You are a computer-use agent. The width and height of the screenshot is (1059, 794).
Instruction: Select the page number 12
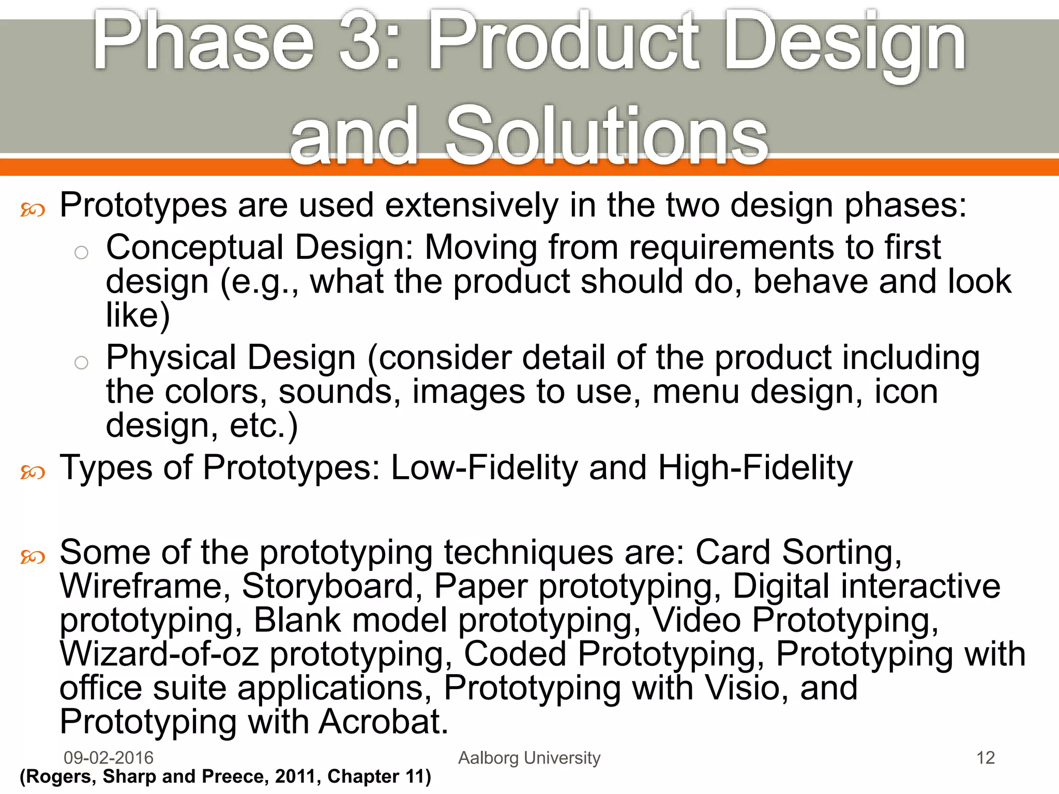[985, 758]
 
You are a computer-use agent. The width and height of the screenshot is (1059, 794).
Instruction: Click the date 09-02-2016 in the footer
[109, 758]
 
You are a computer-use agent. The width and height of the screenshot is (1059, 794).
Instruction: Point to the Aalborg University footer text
[529, 758]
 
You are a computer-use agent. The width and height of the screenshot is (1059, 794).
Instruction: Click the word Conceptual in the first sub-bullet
[194, 248]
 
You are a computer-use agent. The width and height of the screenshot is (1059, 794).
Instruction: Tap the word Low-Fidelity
[484, 468]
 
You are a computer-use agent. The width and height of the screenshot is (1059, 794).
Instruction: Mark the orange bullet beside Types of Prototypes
[33, 472]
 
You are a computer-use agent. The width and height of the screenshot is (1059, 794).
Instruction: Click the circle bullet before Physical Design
[81, 363]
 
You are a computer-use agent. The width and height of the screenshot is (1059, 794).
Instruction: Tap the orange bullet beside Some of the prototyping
[33, 557]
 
